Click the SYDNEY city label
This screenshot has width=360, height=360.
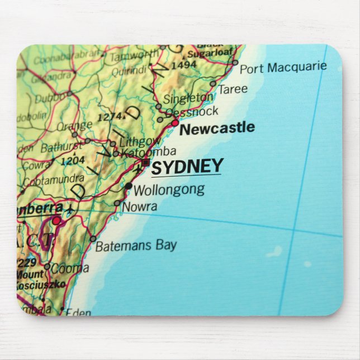tap(187, 167)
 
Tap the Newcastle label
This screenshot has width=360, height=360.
tap(217, 129)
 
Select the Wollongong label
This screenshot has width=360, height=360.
tap(169, 190)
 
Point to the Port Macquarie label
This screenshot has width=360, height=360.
tap(283, 68)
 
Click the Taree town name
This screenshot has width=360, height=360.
tap(233, 89)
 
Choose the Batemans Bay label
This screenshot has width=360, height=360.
tap(136, 245)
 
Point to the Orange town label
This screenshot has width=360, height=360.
tap(75, 125)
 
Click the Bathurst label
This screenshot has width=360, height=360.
tap(61, 148)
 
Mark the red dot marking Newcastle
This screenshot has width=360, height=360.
tap(175, 122)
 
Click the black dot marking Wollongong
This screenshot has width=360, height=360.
tap(129, 186)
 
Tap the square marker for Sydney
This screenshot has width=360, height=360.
tap(146, 163)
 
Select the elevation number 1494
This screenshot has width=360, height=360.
tap(184, 65)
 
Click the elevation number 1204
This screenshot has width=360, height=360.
tap(73, 160)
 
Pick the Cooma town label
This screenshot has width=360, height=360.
tap(70, 268)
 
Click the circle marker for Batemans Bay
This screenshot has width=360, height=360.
tap(93, 239)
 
